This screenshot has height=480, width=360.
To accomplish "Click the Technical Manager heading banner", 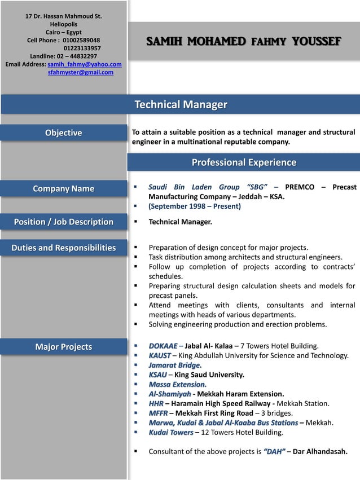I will point(181,104).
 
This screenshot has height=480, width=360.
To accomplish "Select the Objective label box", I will point(64,133).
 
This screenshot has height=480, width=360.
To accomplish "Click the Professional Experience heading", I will point(244,162).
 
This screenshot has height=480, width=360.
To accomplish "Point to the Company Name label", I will point(64,188).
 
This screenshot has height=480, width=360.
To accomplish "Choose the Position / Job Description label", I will point(64,222).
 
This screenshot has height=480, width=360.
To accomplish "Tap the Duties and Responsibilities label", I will point(64,248).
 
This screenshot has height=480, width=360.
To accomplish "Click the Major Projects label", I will point(64,347).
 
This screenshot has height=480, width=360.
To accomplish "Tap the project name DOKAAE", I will point(163,346).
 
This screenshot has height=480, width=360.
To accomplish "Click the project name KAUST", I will point(159,355).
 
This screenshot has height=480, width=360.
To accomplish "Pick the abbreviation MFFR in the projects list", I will point(159,413).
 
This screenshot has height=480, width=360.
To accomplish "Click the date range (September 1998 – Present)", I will point(195,206).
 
